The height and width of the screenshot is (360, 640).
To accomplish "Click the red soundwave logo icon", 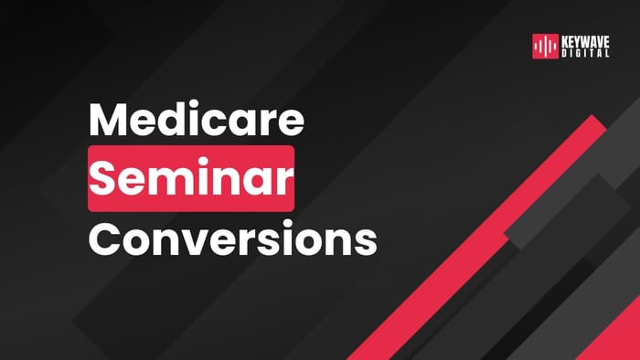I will click(x=545, y=47).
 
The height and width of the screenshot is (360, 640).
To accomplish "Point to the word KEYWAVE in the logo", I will click(x=586, y=42).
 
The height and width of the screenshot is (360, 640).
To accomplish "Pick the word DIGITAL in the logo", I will click(x=586, y=53).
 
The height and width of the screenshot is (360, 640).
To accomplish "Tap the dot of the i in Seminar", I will click(x=208, y=164).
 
